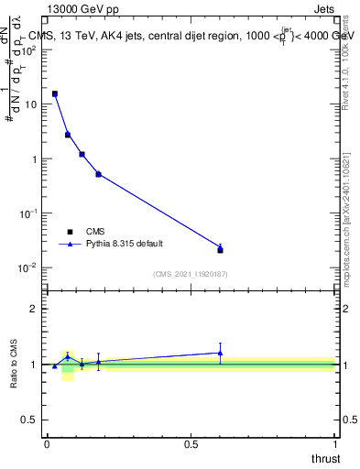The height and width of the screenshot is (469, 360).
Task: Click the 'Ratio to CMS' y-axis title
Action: [x=13, y=365]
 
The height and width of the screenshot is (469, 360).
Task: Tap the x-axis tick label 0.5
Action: [x=191, y=444]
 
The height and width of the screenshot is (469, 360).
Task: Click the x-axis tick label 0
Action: [x=47, y=444]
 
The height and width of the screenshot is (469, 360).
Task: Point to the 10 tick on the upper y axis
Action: [x=33, y=104]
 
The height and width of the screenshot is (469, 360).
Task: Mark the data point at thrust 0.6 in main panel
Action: [x=220, y=249]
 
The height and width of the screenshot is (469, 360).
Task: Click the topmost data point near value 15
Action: [x=55, y=93]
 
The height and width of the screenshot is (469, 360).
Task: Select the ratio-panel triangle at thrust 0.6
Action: [x=220, y=353]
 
